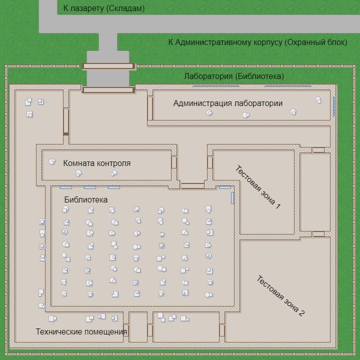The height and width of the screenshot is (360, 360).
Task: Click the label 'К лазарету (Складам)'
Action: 103,8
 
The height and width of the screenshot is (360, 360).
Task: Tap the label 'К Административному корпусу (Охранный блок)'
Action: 257,42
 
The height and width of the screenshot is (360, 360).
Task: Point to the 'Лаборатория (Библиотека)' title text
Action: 234,76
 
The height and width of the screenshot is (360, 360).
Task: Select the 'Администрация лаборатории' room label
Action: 228,103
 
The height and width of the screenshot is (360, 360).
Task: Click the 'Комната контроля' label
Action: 97,163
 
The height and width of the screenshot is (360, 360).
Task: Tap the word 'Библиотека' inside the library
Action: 86,200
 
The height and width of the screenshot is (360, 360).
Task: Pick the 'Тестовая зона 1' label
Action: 258,187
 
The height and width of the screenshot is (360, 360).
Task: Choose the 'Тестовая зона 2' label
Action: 280,296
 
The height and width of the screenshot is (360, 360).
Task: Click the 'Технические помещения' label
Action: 81,331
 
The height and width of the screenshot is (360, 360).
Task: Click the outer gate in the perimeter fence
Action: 108,66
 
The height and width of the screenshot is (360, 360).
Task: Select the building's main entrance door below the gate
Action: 108,90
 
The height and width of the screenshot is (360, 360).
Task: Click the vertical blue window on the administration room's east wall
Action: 333,105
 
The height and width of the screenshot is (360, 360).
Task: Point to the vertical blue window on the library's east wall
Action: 232,198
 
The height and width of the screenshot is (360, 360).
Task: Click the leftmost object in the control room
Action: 51,162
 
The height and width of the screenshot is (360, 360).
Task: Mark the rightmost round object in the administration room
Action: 318,100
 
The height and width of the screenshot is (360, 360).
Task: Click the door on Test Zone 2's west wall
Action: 222,330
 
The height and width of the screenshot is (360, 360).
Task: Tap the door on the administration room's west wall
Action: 150,108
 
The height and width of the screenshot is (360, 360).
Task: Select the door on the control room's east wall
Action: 174,162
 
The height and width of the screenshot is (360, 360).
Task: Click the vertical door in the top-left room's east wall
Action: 66,121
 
